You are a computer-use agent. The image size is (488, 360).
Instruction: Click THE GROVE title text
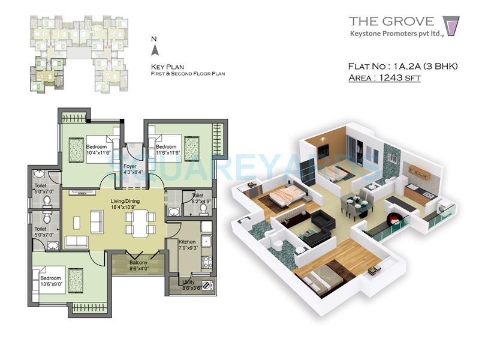tap(391, 22)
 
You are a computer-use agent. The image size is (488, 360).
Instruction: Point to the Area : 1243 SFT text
tap(384, 78)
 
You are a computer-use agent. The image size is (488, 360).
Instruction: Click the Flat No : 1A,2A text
tap(402, 66)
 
